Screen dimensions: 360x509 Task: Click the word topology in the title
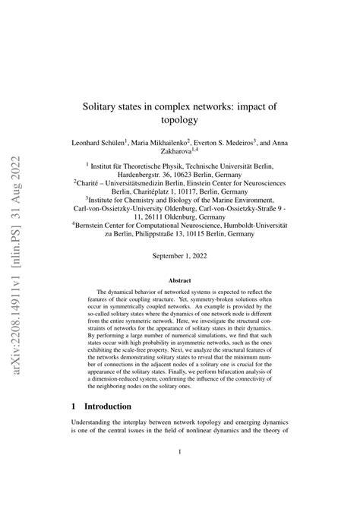tap(180, 120)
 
